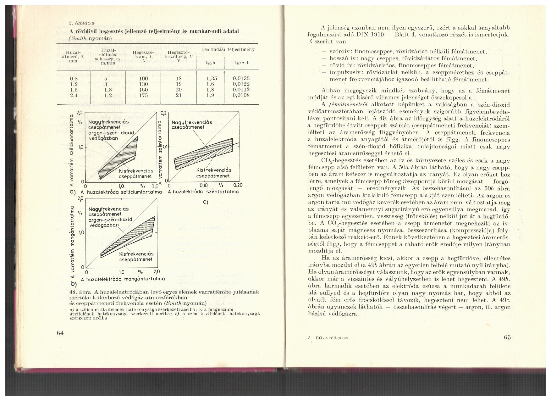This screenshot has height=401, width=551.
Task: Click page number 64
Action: (x=61, y=333)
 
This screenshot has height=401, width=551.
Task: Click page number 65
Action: (x=507, y=337)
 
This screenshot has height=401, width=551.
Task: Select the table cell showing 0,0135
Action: (x=241, y=79)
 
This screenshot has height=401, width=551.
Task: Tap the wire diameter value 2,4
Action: (x=74, y=95)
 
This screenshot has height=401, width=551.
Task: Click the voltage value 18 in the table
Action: (x=179, y=79)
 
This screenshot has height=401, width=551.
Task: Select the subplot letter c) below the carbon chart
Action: (x=206, y=202)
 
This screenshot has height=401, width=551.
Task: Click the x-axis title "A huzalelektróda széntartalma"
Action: (x=204, y=192)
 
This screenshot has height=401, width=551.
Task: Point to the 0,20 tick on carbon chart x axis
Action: (x=238, y=185)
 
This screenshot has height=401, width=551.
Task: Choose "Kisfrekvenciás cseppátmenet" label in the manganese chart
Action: (x=136, y=256)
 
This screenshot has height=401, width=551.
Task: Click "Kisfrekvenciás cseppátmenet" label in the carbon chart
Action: (x=213, y=173)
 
